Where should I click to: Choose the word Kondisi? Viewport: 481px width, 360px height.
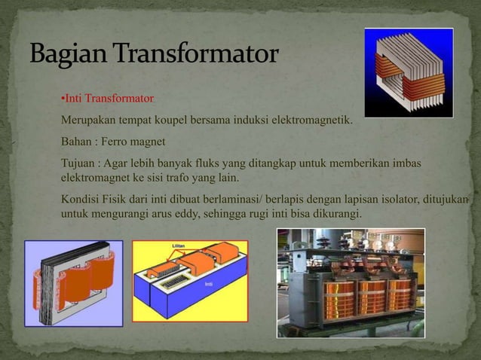(80, 200)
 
